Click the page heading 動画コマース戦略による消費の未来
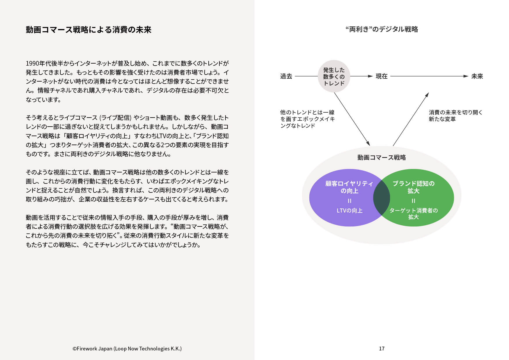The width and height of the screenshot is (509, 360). pos(89,30)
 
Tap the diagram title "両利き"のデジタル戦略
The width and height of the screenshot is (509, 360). pos(382,29)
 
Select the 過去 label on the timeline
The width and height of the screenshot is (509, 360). pos(286,76)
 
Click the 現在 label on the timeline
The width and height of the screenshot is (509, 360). pos(382,76)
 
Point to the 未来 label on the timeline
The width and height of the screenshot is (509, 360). pos(477,76)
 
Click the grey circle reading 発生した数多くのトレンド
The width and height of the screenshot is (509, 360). pos(334,76)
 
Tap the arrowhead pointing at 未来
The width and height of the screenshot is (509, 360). pos(466,76)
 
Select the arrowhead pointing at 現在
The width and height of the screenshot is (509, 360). pos(370,76)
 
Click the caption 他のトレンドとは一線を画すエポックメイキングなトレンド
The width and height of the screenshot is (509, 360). pos(307,119)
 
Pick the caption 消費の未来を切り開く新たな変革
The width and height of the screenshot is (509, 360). pos(456,116)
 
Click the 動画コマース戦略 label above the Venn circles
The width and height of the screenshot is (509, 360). pos(382,157)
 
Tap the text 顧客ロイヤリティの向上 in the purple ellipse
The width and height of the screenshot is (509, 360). pos(349,187)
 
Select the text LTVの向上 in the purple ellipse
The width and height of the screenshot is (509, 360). pos(349,210)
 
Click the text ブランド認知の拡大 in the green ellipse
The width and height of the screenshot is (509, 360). pos(414,187)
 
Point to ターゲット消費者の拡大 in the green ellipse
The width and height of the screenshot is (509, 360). pos(414,214)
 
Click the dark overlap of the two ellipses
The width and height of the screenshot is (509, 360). pos(382,198)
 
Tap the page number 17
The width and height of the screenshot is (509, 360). pos(382,348)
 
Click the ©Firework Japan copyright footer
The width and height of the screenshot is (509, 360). pos(127,348)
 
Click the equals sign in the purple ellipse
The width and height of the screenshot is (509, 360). pos(349,201)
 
